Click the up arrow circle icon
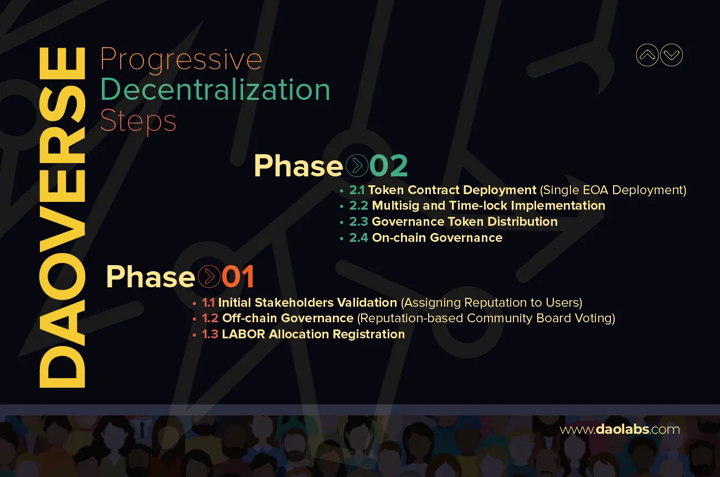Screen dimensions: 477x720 pyautogui.click(x=647, y=55)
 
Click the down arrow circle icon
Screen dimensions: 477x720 pyautogui.click(x=672, y=55)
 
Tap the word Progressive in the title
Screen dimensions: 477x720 pyautogui.click(x=181, y=59)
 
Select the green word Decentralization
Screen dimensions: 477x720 pyautogui.click(x=215, y=89)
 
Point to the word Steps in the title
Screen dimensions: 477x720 pyautogui.click(x=138, y=121)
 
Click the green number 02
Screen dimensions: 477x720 pyautogui.click(x=388, y=165)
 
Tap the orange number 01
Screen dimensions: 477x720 pyautogui.click(x=238, y=276)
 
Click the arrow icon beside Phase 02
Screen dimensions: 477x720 pyautogui.click(x=356, y=165)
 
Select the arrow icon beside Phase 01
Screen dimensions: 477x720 pyautogui.click(x=209, y=276)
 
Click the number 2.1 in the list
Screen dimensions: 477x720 pyautogui.click(x=357, y=190)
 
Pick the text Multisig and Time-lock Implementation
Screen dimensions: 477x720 pyautogui.click(x=488, y=206)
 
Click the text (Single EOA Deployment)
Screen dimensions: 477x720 pyautogui.click(x=613, y=190)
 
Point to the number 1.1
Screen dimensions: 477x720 pyautogui.click(x=208, y=303)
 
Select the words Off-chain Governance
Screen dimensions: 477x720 pyautogui.click(x=287, y=318)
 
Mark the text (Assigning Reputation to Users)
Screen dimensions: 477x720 pyautogui.click(x=491, y=303)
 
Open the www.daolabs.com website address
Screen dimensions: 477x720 pyautogui.click(x=619, y=429)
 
